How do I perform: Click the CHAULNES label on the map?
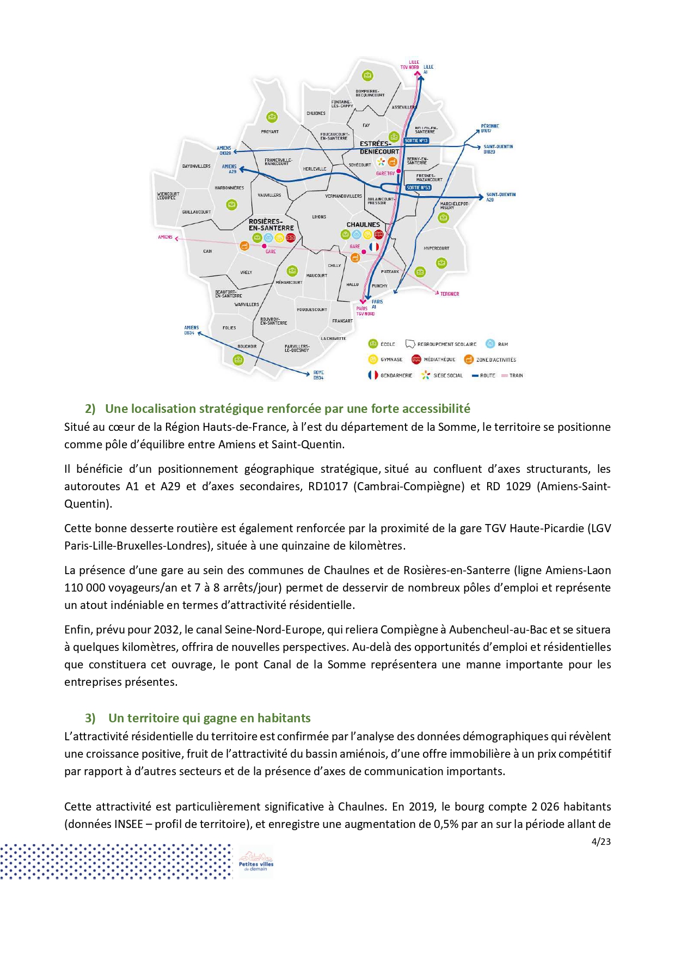pyautogui.click(x=363, y=224)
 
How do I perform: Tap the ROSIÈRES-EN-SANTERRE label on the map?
pyautogui.click(x=271, y=224)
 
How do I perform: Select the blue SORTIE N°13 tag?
pyautogui.click(x=416, y=141)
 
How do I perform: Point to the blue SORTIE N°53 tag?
pyautogui.click(x=418, y=187)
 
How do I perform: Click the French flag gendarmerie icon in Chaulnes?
pyautogui.click(x=374, y=247)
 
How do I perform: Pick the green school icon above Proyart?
pyautogui.click(x=272, y=117)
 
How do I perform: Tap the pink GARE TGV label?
pyautogui.click(x=385, y=173)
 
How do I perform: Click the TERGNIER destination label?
pyautogui.click(x=450, y=294)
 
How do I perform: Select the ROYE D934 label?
pyautogui.click(x=318, y=375)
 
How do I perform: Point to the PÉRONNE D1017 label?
pyautogui.click(x=489, y=128)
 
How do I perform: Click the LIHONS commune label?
pyautogui.click(x=319, y=217)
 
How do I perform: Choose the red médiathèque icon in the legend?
pyautogui.click(x=416, y=360)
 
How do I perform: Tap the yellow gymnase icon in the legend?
pyautogui.click(x=373, y=360)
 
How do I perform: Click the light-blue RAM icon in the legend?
pyautogui.click(x=490, y=344)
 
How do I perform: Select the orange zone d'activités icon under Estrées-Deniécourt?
pyautogui.click(x=392, y=162)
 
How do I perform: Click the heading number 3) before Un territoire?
pyautogui.click(x=90, y=718)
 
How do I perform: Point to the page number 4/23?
pyautogui.click(x=601, y=842)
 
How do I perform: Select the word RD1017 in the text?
pyautogui.click(x=328, y=486)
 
